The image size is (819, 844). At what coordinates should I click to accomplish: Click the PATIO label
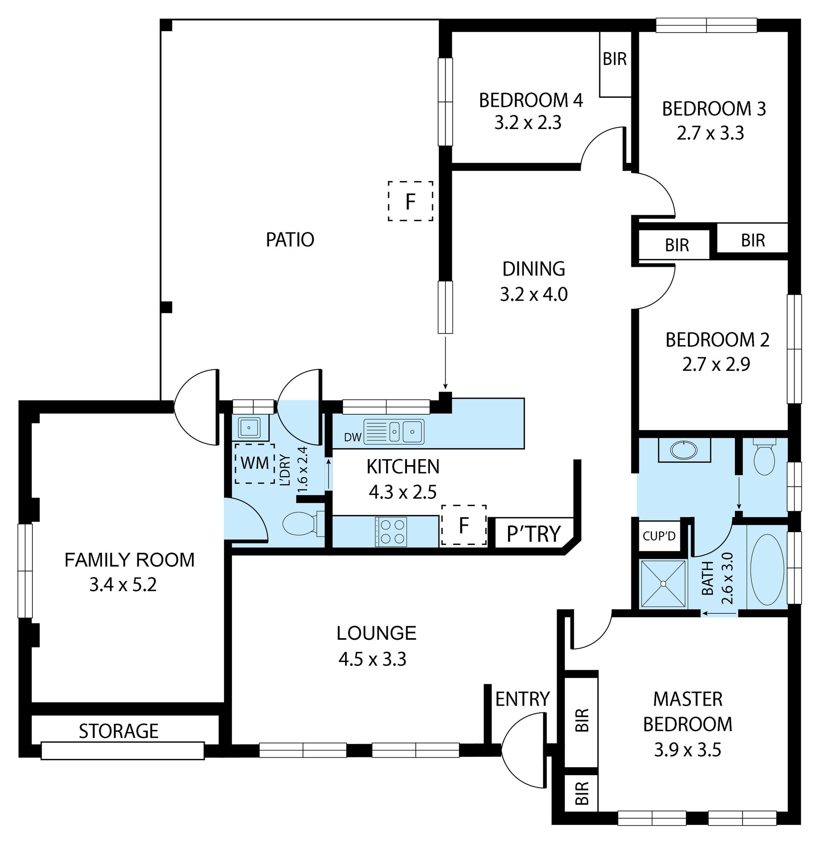(x=290, y=240)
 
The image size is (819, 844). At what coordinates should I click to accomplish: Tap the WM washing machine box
(x=255, y=464)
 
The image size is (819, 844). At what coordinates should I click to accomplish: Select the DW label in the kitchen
(x=353, y=437)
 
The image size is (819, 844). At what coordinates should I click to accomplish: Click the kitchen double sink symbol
(x=394, y=431)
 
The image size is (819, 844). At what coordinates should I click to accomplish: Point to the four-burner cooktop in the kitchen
(x=391, y=532)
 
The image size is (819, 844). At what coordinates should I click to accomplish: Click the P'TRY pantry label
(x=534, y=534)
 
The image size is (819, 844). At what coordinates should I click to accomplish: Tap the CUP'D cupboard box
(x=659, y=536)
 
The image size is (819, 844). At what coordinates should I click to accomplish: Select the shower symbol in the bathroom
(x=663, y=583)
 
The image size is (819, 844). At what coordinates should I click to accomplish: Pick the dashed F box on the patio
(x=410, y=201)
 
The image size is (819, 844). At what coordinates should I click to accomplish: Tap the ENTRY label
(x=523, y=699)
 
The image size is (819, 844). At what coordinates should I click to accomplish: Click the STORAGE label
(x=119, y=731)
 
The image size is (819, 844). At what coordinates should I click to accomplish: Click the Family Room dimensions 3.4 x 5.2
(x=123, y=585)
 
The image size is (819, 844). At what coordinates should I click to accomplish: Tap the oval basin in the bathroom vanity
(x=684, y=451)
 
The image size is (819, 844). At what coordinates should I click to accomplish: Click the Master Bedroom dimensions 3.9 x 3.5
(x=687, y=750)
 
